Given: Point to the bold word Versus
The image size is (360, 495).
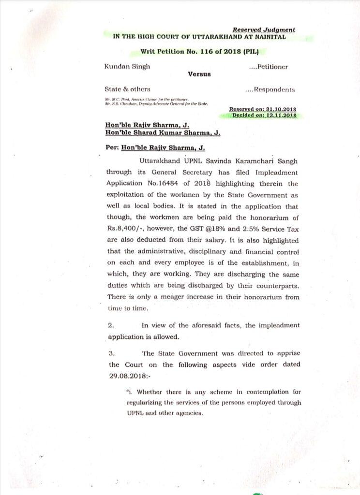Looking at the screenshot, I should (x=198, y=75).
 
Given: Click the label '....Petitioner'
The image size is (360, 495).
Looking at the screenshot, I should (x=268, y=67).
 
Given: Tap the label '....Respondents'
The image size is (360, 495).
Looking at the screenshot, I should (x=270, y=89).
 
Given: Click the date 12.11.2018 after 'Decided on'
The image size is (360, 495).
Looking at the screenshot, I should (x=279, y=116).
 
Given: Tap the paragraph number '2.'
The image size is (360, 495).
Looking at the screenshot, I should (x=111, y=325).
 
